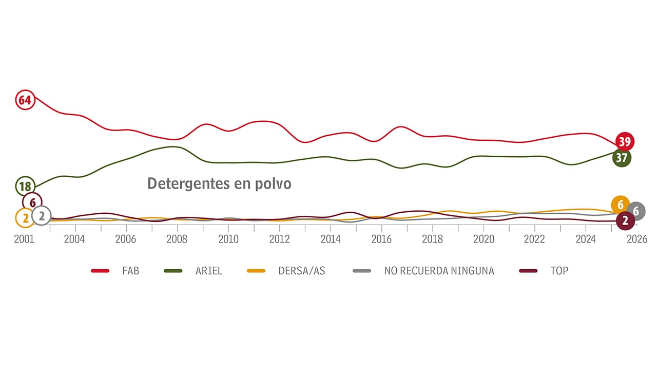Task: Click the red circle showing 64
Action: click(25, 100)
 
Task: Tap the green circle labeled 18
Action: click(25, 186)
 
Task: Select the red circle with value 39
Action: click(625, 141)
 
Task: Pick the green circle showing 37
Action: click(622, 158)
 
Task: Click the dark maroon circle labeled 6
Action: click(32, 202)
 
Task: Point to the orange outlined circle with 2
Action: click(25, 218)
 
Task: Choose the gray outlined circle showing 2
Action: click(42, 216)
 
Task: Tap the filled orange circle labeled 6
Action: click(621, 205)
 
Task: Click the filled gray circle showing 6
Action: click(636, 211)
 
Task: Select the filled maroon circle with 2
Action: click(625, 221)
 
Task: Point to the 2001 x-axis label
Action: click(24, 239)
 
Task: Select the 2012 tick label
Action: click(279, 239)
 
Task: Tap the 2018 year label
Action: click(432, 239)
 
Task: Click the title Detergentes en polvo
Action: click(219, 183)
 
